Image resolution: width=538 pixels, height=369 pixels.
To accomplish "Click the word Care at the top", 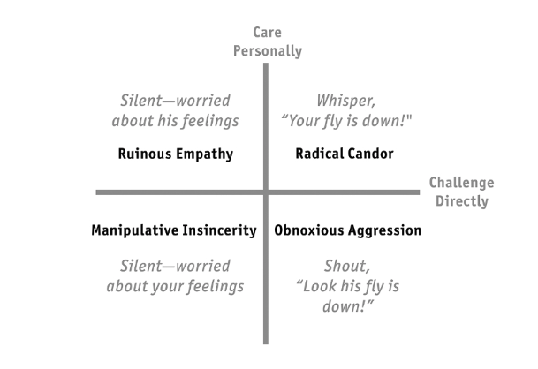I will click(267, 33).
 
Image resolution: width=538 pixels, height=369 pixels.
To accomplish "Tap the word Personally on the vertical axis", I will click(267, 51).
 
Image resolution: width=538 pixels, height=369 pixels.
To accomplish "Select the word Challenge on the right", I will click(461, 183).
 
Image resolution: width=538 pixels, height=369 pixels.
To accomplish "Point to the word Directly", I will click(461, 201).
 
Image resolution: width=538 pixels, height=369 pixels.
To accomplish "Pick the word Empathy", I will click(205, 154).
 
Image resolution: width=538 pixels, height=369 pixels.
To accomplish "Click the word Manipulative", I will click(133, 230).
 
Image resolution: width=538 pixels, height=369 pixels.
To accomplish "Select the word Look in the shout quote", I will click(319, 287).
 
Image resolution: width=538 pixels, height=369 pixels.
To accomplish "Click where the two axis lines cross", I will click(265, 192).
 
